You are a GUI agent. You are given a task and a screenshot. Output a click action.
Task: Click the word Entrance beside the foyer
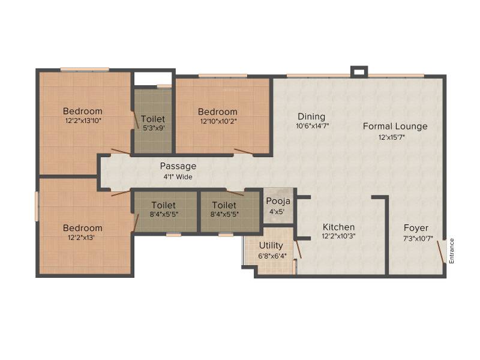click(x=452, y=251)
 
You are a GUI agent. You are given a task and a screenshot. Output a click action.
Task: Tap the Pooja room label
click(x=278, y=202)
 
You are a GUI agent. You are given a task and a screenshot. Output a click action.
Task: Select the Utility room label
click(x=271, y=245)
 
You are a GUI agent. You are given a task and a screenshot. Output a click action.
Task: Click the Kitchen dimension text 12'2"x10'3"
click(x=338, y=236)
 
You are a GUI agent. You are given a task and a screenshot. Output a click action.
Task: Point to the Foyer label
click(x=416, y=228)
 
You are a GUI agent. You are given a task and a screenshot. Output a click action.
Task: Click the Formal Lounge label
click(x=395, y=127)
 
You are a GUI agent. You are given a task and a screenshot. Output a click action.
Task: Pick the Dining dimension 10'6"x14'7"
click(x=312, y=126)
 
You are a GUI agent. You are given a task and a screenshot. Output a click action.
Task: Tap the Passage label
click(x=178, y=167)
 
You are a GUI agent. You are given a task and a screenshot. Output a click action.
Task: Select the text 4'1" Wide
click(x=178, y=176)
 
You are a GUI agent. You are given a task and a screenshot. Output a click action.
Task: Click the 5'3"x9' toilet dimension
click(x=154, y=128)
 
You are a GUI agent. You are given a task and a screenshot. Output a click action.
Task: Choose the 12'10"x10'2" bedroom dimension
click(x=218, y=121)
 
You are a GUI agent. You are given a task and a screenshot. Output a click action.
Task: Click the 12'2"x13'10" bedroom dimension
click(x=83, y=121)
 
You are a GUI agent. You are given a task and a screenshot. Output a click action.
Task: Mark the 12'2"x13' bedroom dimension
click(x=81, y=237)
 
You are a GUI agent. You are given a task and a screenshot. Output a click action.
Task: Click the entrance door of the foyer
click(x=440, y=251)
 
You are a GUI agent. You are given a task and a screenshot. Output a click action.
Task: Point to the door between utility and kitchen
click(x=298, y=249)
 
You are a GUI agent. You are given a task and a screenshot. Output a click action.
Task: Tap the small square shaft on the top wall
click(x=359, y=72)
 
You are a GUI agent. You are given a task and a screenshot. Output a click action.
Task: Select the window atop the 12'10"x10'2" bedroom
click(x=223, y=76)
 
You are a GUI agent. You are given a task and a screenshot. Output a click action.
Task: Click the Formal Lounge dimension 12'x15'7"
click(x=392, y=137)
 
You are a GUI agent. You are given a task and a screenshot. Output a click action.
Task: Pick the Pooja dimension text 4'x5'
click(x=277, y=212)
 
